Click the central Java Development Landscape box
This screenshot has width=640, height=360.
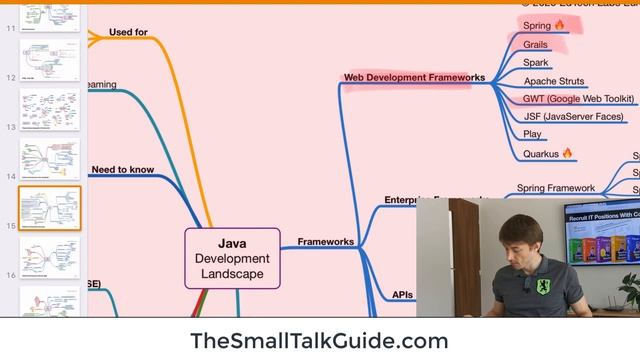[232, 258]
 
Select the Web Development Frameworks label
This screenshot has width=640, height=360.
[414, 77]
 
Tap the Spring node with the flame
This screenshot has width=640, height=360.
[544, 25]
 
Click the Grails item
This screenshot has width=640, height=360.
[536, 44]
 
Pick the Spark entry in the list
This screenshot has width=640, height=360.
[535, 63]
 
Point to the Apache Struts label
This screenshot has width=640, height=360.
[554, 81]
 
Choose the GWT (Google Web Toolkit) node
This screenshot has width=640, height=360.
[578, 99]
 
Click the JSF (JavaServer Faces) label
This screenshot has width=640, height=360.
[573, 117]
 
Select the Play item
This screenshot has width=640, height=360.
[532, 135]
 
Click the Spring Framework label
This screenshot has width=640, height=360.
[555, 188]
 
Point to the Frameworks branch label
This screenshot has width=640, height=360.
[325, 242]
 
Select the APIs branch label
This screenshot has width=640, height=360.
[403, 295]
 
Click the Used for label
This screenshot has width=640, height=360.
[128, 32]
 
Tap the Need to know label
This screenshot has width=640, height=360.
[122, 170]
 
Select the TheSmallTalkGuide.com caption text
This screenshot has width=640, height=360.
[319, 340]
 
